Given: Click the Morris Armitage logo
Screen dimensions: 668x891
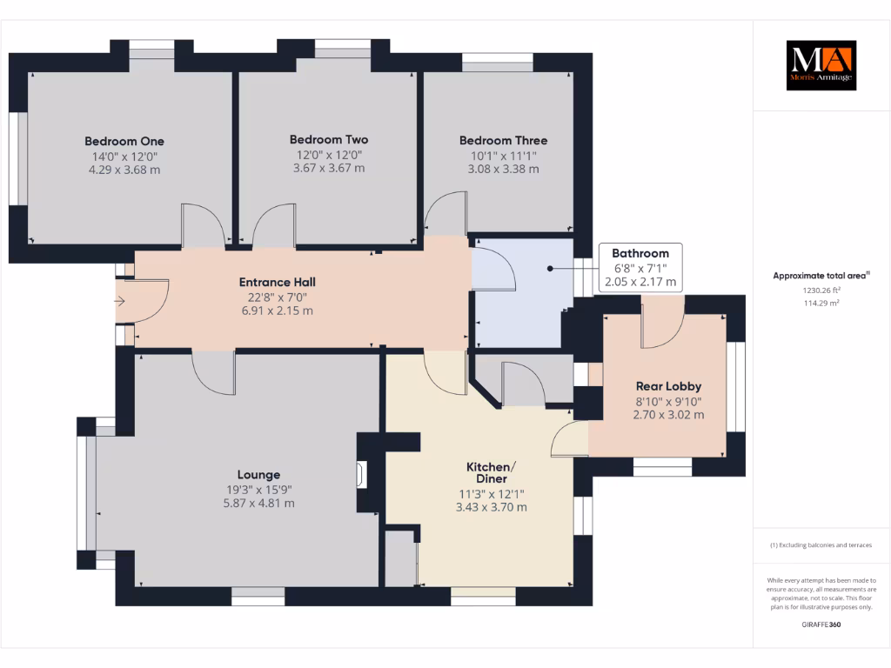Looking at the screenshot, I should pyautogui.click(x=821, y=65).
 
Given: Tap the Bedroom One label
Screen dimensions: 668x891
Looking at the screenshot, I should pyautogui.click(x=124, y=141).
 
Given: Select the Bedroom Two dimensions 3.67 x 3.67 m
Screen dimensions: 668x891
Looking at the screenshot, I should pyautogui.click(x=329, y=168).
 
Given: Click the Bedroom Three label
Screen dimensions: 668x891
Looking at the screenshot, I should pyautogui.click(x=503, y=140).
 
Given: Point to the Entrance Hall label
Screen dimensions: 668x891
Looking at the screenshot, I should pyautogui.click(x=277, y=282).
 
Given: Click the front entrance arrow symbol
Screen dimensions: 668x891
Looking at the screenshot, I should pyautogui.click(x=119, y=302).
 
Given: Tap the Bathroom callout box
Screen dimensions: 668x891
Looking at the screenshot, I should pyautogui.click(x=640, y=267).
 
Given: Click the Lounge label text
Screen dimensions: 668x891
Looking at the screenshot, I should pyautogui.click(x=259, y=475).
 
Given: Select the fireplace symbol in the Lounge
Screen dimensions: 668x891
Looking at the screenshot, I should pyautogui.click(x=361, y=474).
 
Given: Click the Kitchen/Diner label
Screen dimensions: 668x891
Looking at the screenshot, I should pyautogui.click(x=491, y=472).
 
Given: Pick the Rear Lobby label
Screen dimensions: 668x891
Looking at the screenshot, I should pyautogui.click(x=668, y=386).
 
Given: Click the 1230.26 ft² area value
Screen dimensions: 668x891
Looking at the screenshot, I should pyautogui.click(x=821, y=290).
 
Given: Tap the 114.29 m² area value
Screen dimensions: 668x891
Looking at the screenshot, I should pyautogui.click(x=821, y=303).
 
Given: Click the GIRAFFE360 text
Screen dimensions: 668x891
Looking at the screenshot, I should pyautogui.click(x=821, y=625).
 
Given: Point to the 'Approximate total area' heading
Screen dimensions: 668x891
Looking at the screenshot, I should pyautogui.click(x=821, y=276).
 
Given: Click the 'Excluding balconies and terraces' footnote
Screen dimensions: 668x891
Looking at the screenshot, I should pyautogui.click(x=821, y=545).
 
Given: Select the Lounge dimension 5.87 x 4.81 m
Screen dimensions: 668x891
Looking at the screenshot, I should pyautogui.click(x=259, y=503).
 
